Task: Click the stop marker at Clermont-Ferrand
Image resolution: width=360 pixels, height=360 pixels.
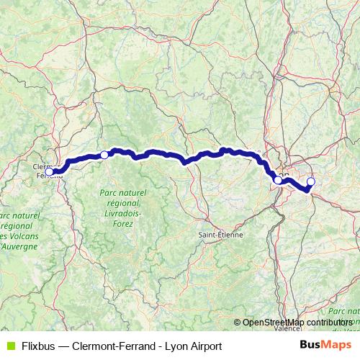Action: click(x=49, y=172)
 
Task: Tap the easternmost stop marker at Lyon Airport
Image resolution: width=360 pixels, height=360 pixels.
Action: click(x=311, y=181)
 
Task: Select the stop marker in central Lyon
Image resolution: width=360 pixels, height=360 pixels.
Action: click(x=278, y=180)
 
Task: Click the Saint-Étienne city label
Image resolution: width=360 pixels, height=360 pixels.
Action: click(x=221, y=235)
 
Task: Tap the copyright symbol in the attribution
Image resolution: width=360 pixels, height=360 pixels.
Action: click(x=238, y=323)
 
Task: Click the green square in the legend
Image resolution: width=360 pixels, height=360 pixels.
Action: click(x=9, y=346)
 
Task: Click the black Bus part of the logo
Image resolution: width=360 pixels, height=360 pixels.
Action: click(x=309, y=345)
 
